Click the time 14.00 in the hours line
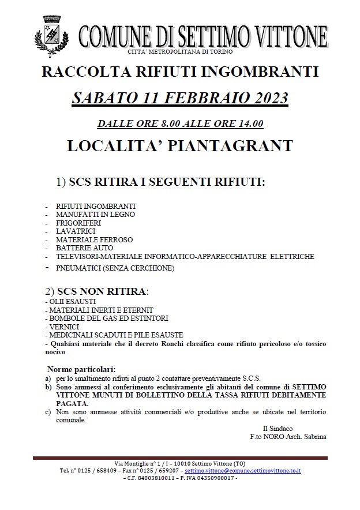pyautogui.click(x=252, y=123)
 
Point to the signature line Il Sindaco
pyautogui.click(x=277, y=428)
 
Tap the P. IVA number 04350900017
pyautogui.click(x=216, y=478)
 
